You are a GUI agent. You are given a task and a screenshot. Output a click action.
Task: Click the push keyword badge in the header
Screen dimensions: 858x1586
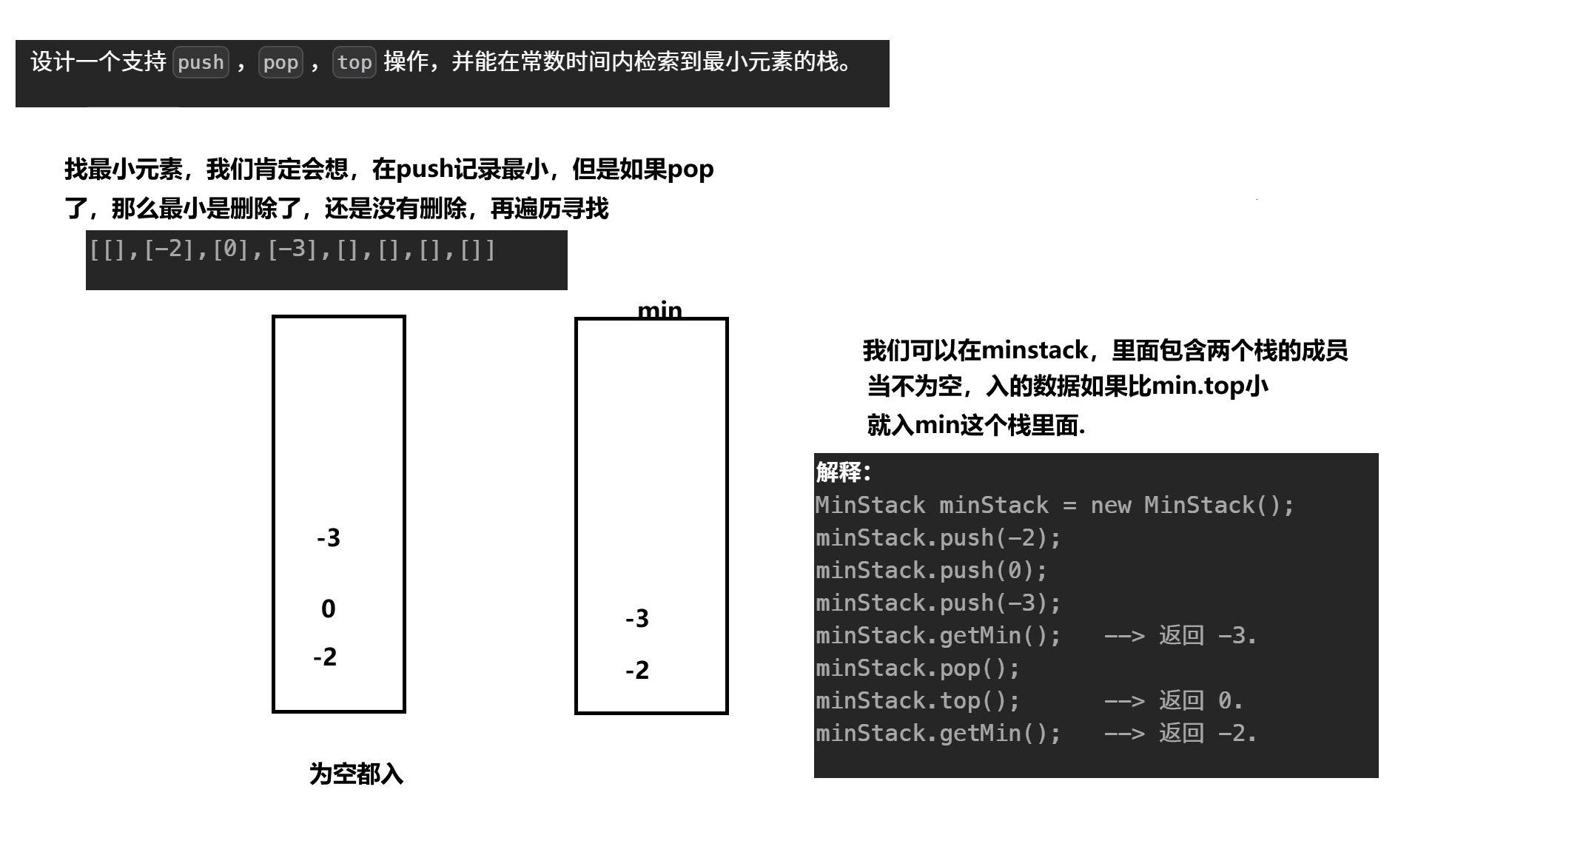[x=201, y=62]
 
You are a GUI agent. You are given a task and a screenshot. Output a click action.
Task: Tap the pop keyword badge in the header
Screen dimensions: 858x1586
[x=280, y=62]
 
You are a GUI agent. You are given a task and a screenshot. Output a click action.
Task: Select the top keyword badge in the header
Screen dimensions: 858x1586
[x=355, y=62]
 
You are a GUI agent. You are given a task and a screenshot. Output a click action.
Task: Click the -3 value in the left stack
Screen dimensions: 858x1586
[x=329, y=538]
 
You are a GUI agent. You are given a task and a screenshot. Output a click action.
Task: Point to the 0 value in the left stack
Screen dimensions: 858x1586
[x=329, y=609]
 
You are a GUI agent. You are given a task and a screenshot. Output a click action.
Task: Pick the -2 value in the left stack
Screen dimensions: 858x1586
[x=325, y=657]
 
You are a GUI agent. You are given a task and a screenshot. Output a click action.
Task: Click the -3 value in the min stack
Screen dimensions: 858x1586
[x=637, y=619]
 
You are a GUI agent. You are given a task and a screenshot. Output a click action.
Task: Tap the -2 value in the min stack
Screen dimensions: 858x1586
[x=637, y=671]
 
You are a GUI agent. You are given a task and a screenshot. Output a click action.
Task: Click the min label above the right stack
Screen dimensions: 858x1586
[x=659, y=309]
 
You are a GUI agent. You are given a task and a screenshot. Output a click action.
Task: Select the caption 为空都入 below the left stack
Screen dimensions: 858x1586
[x=356, y=774]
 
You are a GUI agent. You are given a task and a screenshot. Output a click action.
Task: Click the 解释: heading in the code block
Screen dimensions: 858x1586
[x=844, y=472]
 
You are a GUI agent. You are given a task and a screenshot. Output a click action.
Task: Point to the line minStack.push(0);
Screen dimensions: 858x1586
[x=931, y=571]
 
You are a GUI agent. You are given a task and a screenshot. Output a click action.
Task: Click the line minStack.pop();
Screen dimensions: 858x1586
[x=918, y=668]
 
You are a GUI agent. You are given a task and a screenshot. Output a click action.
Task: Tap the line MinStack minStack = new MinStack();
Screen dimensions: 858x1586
[x=1055, y=506]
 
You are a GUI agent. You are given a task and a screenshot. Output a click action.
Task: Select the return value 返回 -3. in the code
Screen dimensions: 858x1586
[x=1208, y=636]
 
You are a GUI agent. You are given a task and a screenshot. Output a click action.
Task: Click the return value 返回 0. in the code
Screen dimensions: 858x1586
[x=1200, y=701]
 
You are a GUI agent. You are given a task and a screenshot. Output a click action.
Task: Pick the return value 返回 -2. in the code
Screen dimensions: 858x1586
[x=1208, y=734]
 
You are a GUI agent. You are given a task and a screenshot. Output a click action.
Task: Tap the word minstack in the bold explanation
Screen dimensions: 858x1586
[x=1035, y=350]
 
